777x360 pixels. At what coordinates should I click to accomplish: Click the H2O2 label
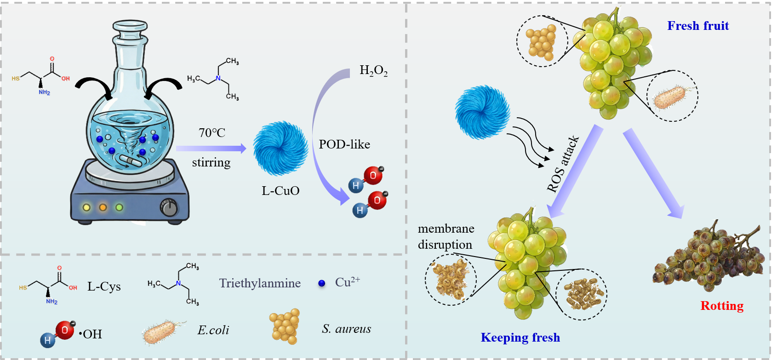(373, 71)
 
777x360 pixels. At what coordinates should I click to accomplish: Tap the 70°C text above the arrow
(212, 133)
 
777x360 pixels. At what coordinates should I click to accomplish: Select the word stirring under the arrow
(211, 162)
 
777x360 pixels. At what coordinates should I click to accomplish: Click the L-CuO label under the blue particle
(280, 191)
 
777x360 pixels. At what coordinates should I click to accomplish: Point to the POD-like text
(344, 144)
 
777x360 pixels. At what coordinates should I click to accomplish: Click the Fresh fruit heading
(698, 26)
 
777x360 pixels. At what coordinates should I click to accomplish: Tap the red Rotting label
(722, 306)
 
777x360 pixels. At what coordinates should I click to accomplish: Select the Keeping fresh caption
(520, 337)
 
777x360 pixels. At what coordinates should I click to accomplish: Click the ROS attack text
(562, 164)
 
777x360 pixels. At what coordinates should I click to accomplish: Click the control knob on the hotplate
(169, 208)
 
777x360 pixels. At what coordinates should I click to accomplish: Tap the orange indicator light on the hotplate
(103, 207)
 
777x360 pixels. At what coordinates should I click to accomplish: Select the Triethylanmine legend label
(260, 283)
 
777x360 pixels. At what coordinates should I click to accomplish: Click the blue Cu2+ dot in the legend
(322, 283)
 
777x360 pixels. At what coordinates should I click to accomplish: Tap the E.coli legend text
(213, 330)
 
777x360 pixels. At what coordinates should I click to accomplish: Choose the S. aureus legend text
(346, 329)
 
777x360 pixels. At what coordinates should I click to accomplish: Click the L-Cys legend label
(104, 286)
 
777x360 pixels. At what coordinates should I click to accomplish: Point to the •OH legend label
(91, 334)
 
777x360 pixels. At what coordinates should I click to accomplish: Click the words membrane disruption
(446, 236)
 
